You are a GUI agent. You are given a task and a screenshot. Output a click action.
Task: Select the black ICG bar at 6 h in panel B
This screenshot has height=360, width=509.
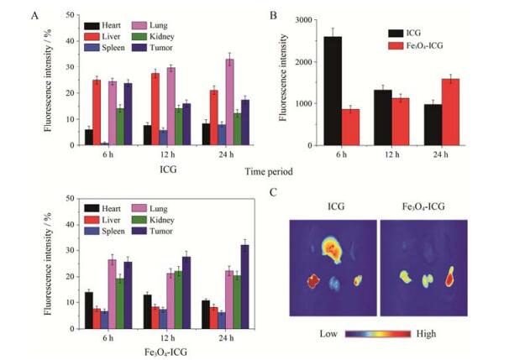(333, 91)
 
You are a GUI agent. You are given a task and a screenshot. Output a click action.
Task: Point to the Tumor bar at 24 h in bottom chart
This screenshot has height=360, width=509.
(244, 278)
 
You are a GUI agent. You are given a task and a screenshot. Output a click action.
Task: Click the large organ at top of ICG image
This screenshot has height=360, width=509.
(335, 248)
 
